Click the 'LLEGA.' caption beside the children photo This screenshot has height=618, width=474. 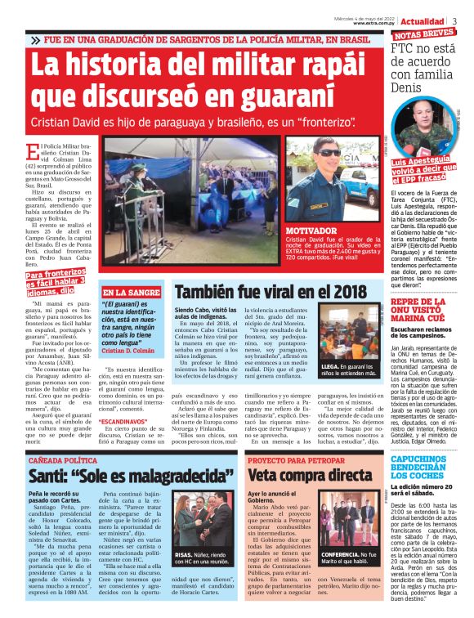point(333,367)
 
